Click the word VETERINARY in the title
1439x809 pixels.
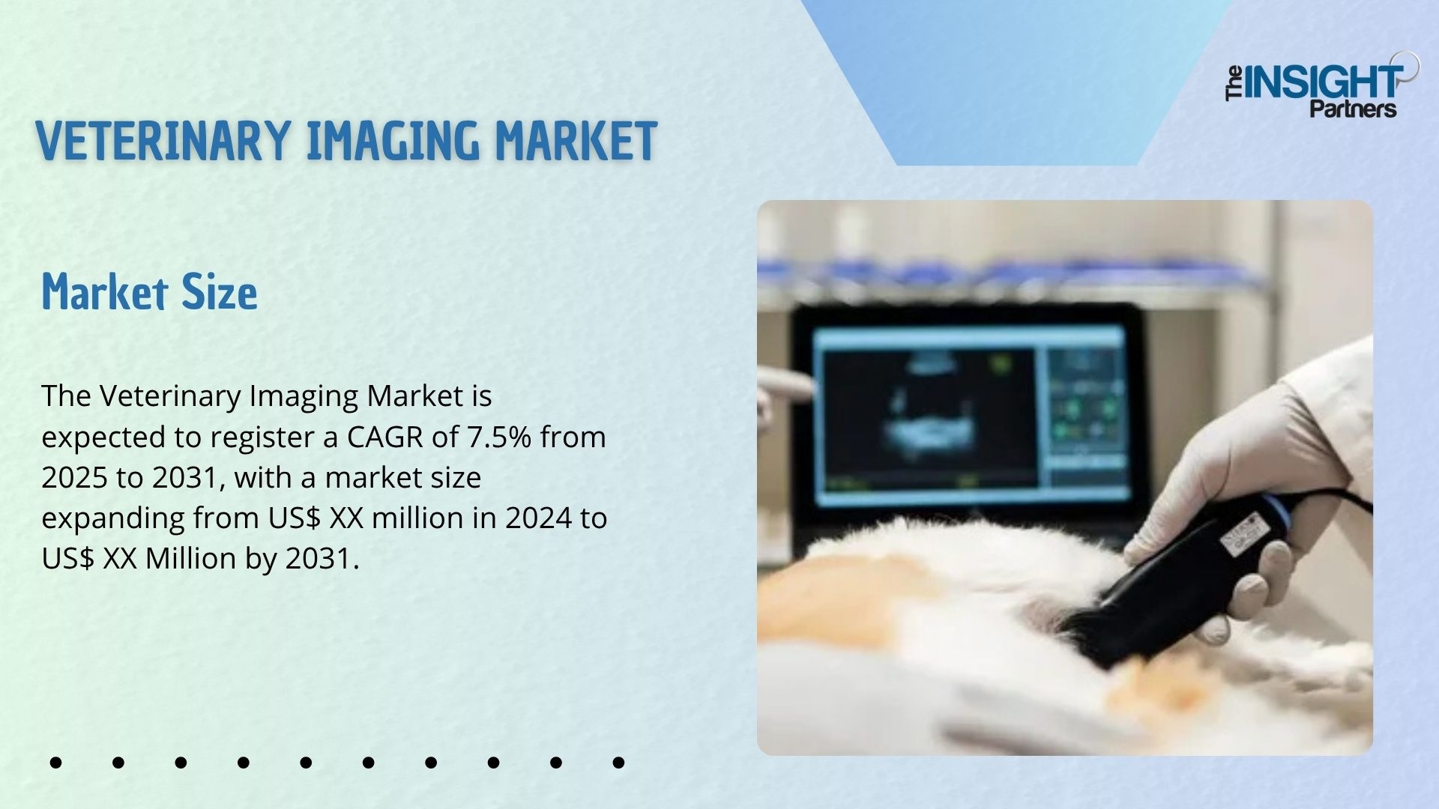point(163,141)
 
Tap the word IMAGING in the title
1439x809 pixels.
point(393,141)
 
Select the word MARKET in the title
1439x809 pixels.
point(576,141)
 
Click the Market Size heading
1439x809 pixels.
point(149,292)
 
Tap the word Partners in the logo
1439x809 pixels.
point(1353,109)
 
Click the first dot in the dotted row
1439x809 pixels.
point(55,763)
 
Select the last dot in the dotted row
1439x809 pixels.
point(618,763)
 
